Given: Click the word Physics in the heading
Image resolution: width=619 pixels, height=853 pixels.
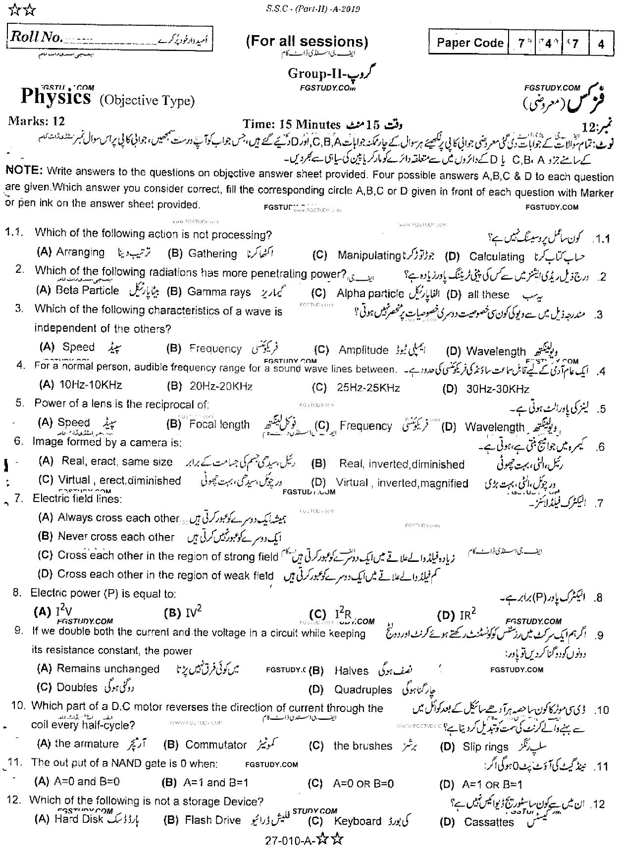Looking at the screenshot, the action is click(55, 97).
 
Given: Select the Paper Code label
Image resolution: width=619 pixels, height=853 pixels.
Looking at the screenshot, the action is click(469, 43).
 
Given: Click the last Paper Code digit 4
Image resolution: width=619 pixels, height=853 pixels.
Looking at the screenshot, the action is click(601, 44).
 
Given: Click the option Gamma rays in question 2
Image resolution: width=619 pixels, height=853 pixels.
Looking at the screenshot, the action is click(219, 292).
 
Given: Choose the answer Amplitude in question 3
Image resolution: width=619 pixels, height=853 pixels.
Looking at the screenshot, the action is click(363, 351).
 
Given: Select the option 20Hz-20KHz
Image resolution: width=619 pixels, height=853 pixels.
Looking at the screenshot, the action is click(218, 386).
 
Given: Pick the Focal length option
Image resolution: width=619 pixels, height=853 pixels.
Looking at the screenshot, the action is click(219, 425).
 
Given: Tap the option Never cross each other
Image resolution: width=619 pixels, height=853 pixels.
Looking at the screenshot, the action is click(116, 537).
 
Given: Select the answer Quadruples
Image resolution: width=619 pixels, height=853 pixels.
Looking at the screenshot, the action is click(362, 690).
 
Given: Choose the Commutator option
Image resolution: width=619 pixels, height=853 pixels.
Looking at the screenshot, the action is click(216, 745).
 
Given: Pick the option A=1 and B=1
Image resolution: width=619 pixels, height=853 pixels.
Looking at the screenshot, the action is click(215, 783).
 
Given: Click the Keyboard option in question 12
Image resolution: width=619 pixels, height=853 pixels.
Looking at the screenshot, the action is click(358, 821).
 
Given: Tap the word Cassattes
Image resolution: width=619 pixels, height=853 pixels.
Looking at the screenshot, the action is click(489, 822).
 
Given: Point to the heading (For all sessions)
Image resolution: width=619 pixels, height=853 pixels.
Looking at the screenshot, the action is click(307, 42).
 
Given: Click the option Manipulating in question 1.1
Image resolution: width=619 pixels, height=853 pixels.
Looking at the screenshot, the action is click(368, 255).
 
